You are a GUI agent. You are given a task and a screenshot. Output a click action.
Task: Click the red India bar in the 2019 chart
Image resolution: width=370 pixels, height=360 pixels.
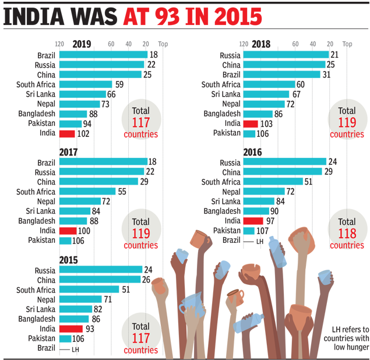pos(67,133)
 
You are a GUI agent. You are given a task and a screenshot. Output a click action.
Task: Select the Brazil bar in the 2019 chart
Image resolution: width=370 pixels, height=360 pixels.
pos(103,55)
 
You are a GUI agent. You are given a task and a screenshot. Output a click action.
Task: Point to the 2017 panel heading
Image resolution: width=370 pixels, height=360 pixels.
pos(69,151)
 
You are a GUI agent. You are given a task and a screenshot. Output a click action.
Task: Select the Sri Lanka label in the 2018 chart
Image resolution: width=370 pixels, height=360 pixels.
pos(225,94)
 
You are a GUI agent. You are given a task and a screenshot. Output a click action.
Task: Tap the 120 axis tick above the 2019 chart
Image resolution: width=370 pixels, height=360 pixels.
pos(59,44)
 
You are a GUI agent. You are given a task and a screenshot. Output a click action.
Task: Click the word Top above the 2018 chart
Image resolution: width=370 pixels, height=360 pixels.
pos(347,44)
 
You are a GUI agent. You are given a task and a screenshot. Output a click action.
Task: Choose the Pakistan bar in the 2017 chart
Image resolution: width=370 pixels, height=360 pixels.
pos(65,241)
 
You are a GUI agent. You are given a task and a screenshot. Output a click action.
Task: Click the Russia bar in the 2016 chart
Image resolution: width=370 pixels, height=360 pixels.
pos(284,162)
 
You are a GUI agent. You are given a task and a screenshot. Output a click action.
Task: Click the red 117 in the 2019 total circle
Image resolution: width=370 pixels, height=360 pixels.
pos(140,122)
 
